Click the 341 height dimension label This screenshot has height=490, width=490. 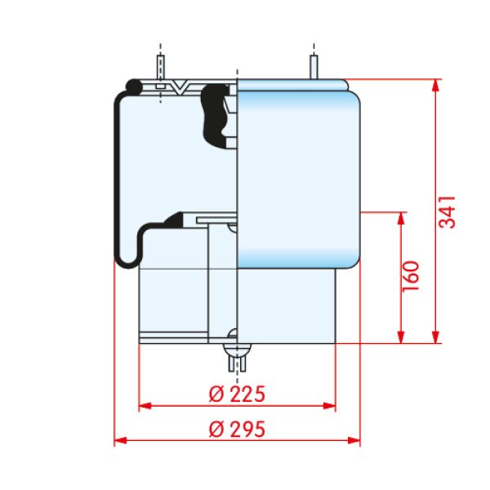click(x=448, y=212)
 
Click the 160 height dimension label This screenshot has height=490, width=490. click(x=410, y=277)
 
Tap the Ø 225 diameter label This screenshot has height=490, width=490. click(x=237, y=394)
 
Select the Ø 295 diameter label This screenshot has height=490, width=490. click(x=237, y=429)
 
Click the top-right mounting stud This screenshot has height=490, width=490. click(x=314, y=67)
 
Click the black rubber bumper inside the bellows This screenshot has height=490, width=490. click(x=216, y=116)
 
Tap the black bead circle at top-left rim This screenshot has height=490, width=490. click(x=134, y=87)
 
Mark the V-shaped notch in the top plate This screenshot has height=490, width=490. click(x=180, y=87)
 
